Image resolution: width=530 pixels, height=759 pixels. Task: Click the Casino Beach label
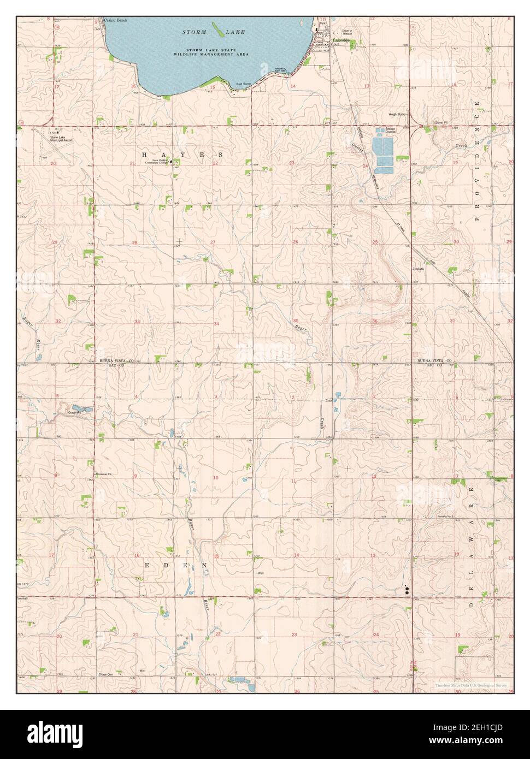pos(116,20)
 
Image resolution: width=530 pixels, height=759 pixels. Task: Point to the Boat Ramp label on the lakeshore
pos(243,84)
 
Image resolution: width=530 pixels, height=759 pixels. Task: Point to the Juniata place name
pos(418,269)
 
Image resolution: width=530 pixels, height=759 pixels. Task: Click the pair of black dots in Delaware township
pos(407,589)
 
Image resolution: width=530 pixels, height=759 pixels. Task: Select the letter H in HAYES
pos(145,155)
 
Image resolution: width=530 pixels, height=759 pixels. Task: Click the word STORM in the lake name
pos(195,33)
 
